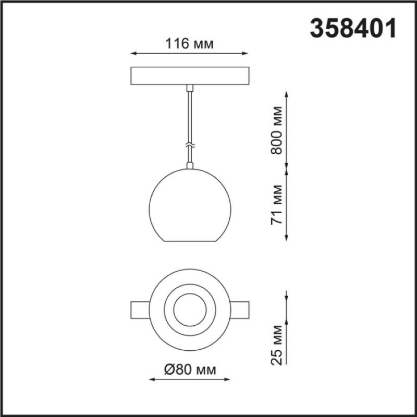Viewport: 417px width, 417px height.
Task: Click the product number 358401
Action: pos(353,28)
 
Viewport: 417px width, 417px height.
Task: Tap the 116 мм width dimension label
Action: pos(189,44)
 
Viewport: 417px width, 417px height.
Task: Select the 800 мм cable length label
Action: pos(276,130)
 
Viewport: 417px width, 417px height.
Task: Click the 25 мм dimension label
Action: pos(276,345)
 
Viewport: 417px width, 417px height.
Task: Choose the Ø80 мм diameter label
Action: pos(190,370)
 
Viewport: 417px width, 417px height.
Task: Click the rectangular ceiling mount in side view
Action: pos(190,76)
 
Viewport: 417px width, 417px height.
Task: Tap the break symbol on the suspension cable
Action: pos(190,145)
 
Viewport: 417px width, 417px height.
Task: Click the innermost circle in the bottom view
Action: pos(190,293)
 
